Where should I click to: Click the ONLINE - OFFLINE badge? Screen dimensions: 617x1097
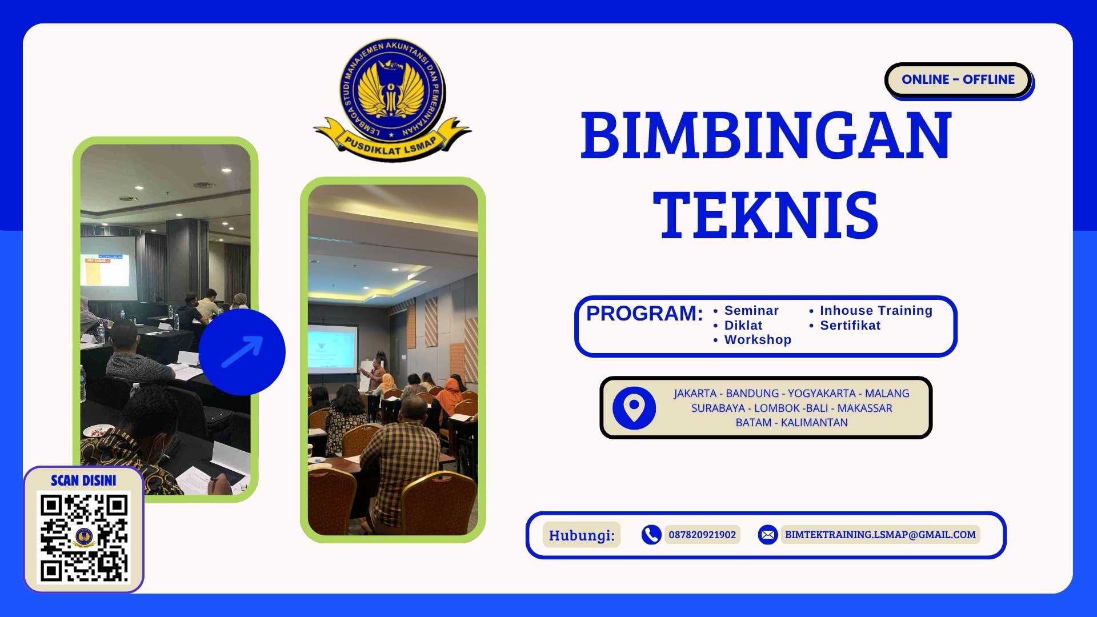958,79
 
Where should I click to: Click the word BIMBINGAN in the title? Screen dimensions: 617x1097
766,136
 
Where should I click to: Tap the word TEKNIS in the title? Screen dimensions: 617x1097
766,215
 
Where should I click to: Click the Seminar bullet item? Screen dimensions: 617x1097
751,311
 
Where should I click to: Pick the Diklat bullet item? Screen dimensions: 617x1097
743,326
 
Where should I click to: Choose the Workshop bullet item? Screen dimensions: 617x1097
757,340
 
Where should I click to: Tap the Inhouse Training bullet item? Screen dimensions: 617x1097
875,311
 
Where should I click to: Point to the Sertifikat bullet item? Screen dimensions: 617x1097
850,326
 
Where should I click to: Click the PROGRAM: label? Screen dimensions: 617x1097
644,314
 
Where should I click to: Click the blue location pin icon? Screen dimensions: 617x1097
634,408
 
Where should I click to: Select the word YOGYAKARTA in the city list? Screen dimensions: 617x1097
822,394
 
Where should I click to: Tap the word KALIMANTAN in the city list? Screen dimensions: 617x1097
814,423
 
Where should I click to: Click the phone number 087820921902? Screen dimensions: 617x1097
702,535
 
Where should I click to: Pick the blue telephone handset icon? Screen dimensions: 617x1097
651,535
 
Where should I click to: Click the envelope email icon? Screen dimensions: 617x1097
767,535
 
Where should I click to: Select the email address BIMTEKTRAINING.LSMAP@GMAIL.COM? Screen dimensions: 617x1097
880,535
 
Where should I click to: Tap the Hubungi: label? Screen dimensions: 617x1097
581,535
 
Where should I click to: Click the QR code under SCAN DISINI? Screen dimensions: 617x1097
83,538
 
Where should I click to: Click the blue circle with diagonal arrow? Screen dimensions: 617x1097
242,352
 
